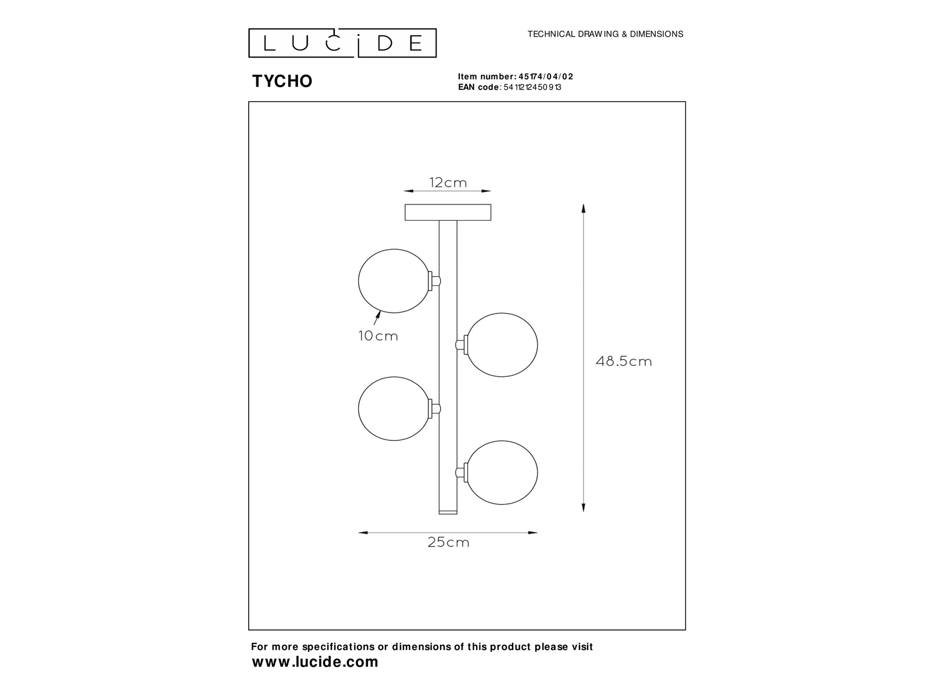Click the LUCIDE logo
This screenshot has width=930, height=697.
click(x=342, y=43)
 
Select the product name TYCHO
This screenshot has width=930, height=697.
click(x=282, y=81)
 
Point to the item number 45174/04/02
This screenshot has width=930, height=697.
click(x=546, y=77)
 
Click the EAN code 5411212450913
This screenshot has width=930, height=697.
click(x=532, y=87)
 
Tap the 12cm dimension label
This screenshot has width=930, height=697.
click(x=448, y=183)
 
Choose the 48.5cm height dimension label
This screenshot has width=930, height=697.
click(x=624, y=361)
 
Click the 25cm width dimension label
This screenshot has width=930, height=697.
click(x=448, y=542)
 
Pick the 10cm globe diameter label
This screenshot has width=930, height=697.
click(x=378, y=336)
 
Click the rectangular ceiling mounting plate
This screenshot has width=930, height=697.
click(x=448, y=213)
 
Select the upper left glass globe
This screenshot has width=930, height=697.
click(x=394, y=281)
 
